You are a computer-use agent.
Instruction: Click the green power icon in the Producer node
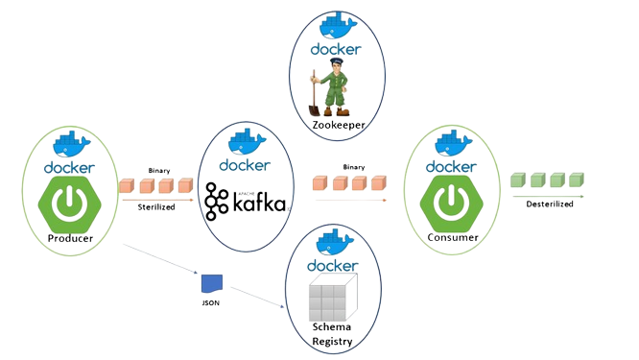[66, 204]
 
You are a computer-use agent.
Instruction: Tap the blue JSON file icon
[211, 283]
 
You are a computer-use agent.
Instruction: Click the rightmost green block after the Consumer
[575, 180]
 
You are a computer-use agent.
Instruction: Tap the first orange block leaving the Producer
[127, 185]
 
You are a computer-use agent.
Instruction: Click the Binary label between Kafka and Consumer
[352, 167]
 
